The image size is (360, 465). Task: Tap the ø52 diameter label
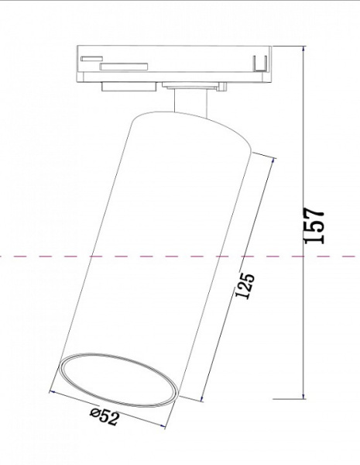pos(104,417)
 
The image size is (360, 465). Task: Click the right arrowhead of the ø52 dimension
pos(172,425)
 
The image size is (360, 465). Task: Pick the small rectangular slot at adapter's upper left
pos(92,58)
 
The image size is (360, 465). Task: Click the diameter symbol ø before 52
pos(94,415)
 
